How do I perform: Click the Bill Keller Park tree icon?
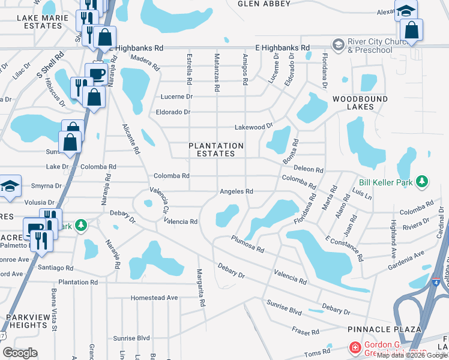point(423,181)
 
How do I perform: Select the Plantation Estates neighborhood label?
point(216,149)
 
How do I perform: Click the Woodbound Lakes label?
point(360,103)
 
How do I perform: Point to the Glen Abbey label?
point(264,4)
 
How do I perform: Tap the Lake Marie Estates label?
point(40,22)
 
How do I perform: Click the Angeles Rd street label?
point(237,191)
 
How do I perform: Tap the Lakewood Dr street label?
point(253,127)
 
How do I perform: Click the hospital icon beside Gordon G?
point(355,348)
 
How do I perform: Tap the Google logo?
point(20,353)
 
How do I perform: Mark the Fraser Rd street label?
point(306,331)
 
